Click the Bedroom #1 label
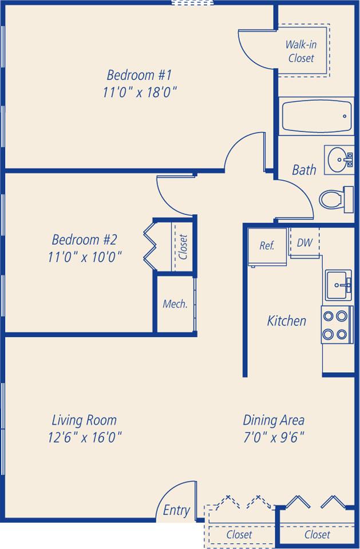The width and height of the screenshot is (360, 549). [139, 75]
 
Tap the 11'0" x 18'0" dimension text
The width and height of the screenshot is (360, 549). [139, 93]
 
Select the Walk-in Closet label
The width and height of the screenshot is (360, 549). [301, 51]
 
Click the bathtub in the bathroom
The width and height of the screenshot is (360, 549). [316, 116]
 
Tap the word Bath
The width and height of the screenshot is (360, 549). [303, 170]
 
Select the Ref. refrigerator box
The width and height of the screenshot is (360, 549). [267, 246]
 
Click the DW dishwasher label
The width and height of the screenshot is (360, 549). [304, 242]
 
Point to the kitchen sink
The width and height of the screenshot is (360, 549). [339, 284]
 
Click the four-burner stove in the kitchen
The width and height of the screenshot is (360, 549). [336, 325]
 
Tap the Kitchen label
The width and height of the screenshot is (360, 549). [286, 321]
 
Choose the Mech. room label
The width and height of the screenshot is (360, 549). [175, 304]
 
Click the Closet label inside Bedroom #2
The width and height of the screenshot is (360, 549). [183, 246]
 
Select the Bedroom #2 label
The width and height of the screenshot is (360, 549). [84, 239]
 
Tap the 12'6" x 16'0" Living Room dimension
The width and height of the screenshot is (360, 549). [84, 437]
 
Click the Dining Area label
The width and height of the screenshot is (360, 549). [273, 420]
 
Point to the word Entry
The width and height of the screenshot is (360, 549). [176, 510]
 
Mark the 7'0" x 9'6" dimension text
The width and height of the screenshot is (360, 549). [273, 437]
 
